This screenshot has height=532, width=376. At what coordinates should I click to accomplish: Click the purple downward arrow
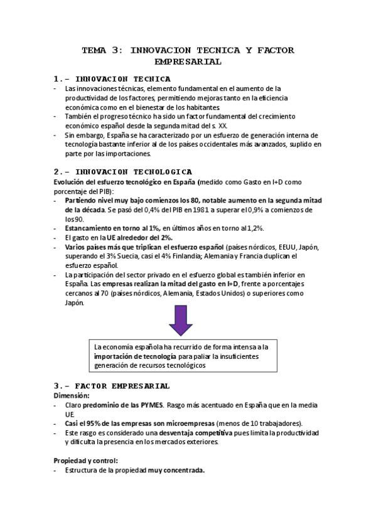coord(181,323)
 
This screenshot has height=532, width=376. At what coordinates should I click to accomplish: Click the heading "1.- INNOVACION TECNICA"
coord(112,79)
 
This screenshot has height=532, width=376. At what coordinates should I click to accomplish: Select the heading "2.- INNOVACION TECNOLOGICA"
coord(123,171)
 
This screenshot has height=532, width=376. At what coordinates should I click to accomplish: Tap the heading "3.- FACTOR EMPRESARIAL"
coord(112,385)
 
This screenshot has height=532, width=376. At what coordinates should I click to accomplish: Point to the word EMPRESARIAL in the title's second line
coord(188,62)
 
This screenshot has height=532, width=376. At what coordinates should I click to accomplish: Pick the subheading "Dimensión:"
coord(72,396)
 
